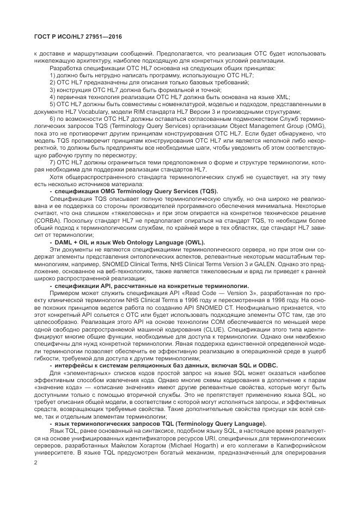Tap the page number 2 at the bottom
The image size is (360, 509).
tap(35, 463)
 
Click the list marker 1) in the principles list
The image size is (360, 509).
tap(53, 75)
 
